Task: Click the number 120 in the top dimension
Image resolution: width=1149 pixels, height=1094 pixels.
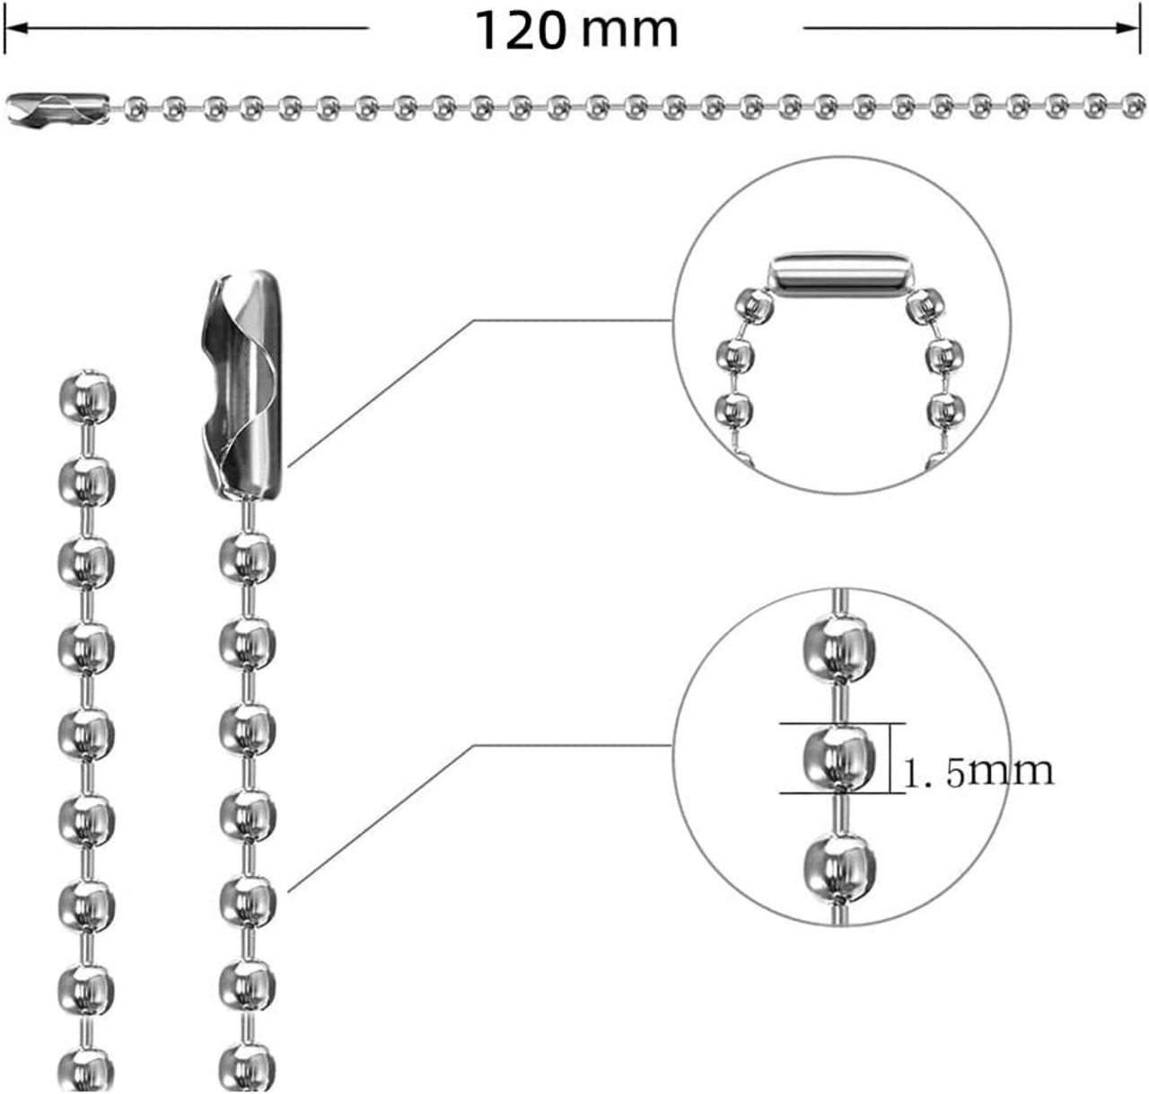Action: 521,31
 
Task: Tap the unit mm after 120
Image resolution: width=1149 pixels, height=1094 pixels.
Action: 629,31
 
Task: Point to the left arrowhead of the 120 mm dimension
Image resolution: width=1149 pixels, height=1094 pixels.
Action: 13,28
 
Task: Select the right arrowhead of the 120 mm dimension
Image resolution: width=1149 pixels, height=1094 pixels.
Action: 1133,28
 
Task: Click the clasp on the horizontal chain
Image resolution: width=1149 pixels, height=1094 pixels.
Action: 57,108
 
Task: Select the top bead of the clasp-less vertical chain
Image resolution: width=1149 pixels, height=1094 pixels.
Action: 87,396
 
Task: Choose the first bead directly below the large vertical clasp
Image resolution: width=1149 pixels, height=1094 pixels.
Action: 244,558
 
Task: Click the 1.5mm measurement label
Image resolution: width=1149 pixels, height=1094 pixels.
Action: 977,770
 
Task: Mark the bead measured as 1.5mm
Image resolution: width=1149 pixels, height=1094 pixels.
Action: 837,759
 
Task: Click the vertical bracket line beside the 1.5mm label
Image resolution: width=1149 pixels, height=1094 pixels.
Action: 890,758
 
